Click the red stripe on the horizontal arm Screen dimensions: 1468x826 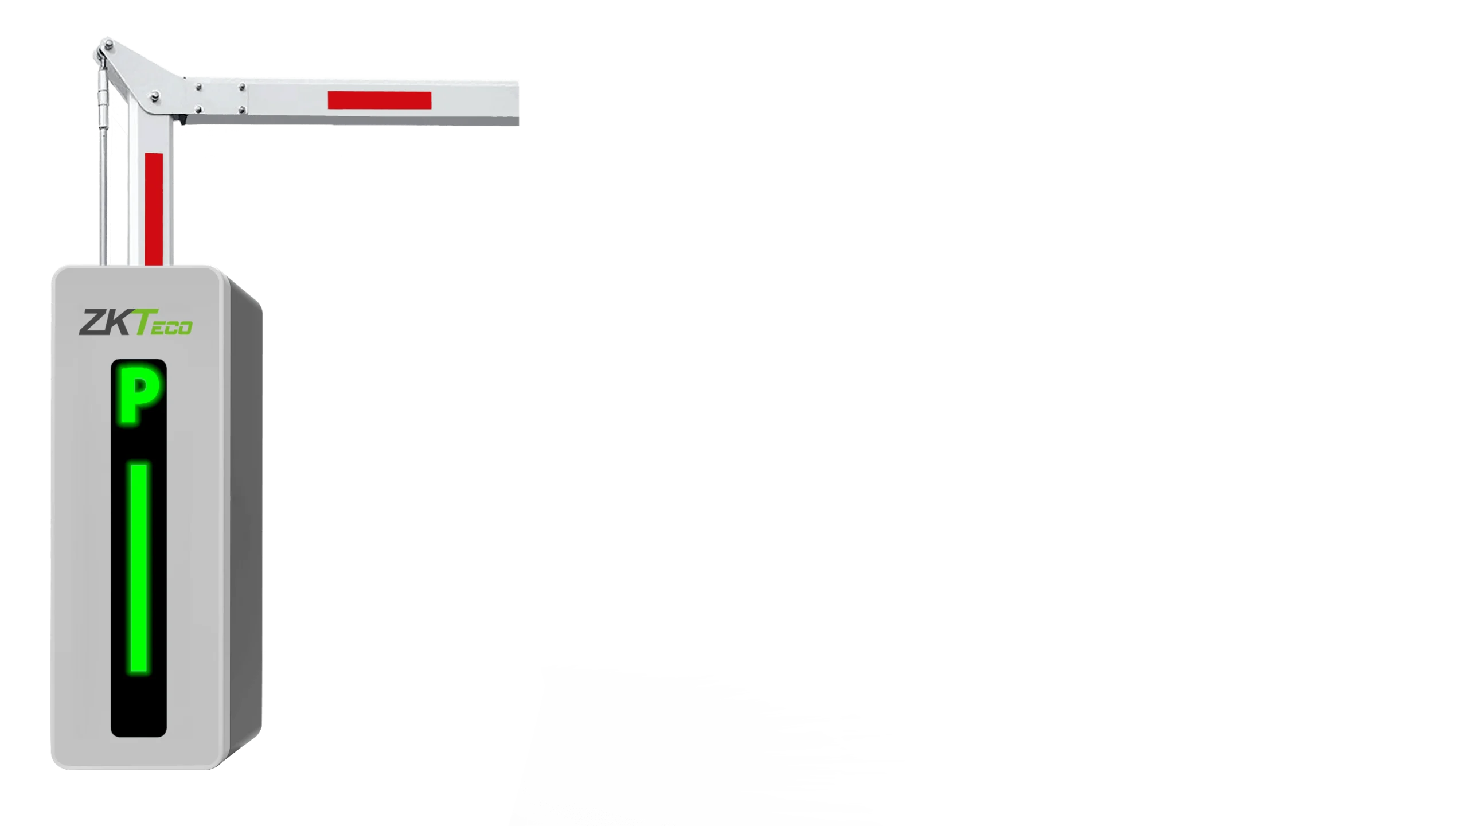[379, 100]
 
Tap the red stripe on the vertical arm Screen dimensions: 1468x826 [154, 209]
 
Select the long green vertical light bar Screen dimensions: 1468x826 [139, 568]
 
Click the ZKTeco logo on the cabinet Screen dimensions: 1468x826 [135, 322]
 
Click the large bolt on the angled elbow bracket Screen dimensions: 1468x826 [154, 97]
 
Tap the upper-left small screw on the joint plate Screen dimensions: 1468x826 [198, 87]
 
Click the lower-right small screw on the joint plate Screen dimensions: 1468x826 [242, 109]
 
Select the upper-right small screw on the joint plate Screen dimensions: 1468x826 [242, 87]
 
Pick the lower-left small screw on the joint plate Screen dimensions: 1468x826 [198, 109]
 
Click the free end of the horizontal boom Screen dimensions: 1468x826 [518, 103]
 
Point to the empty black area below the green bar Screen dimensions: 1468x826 [139, 704]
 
